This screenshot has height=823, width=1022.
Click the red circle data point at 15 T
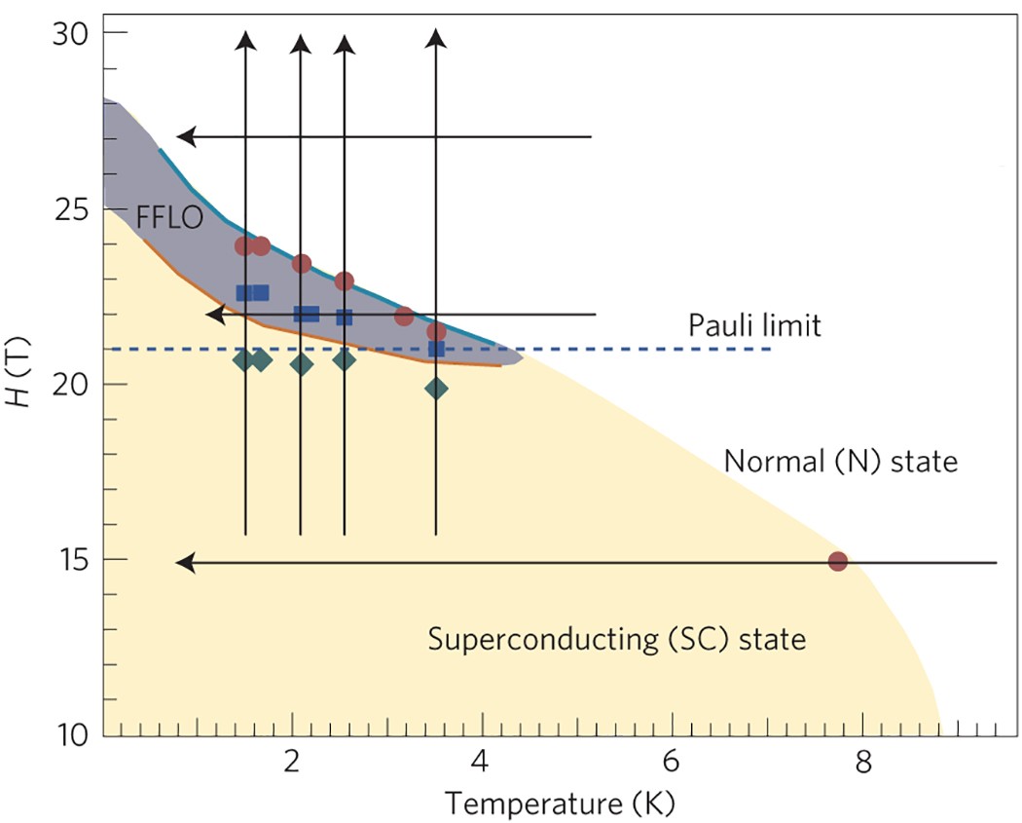837,561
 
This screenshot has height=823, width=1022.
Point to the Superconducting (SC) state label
617,640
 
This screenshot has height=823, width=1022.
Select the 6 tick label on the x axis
672,761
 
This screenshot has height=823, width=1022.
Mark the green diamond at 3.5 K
436,389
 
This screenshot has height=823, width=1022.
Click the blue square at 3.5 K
436,349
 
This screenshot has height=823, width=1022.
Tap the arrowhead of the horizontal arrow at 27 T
185,137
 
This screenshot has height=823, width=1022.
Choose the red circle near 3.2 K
404,317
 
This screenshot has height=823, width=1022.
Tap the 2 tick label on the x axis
291,761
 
